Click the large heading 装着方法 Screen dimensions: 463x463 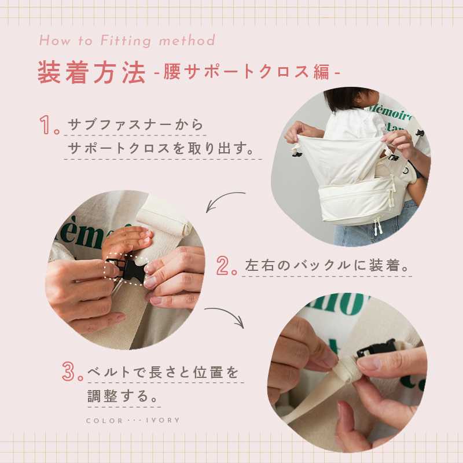[x=91, y=72]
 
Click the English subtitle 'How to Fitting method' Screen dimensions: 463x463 [x=127, y=41]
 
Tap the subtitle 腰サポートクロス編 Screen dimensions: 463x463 [x=247, y=72]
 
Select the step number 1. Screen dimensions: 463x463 [x=49, y=125]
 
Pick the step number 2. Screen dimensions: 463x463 [x=226, y=266]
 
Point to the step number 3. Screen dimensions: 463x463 [x=72, y=371]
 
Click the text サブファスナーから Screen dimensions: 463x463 [x=135, y=124]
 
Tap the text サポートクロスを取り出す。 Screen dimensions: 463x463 [x=161, y=148]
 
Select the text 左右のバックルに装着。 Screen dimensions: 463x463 [x=327, y=266]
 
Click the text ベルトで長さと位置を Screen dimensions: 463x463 [x=163, y=372]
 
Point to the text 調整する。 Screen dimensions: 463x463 [x=123, y=396]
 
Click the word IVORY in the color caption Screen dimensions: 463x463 [x=163, y=420]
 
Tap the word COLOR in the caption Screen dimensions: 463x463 [x=105, y=421]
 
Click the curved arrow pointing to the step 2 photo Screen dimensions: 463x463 [x=222, y=197]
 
